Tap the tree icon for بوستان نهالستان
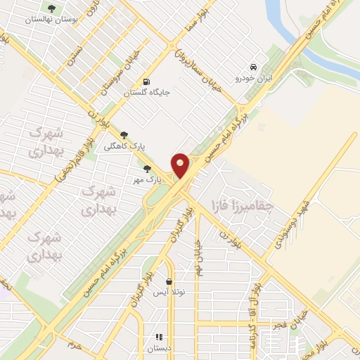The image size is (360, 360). point(51,8)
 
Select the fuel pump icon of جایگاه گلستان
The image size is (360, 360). point(146,81)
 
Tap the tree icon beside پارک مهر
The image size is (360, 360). point(147,169)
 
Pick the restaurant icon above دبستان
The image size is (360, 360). point(159,337)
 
